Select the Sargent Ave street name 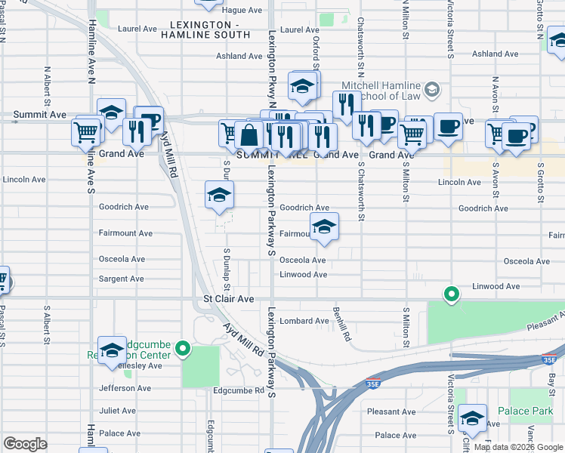(121, 279)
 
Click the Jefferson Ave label (125, 388)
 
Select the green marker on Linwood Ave (452, 294)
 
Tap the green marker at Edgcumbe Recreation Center (183, 349)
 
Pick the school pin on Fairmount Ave (323, 226)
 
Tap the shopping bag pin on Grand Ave (249, 135)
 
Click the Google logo (25, 444)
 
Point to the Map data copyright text (518, 447)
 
